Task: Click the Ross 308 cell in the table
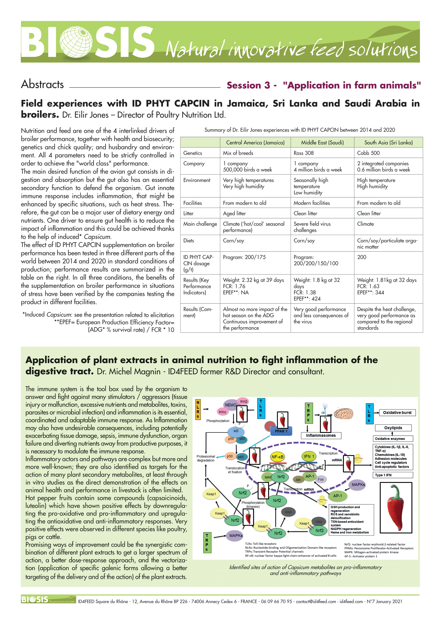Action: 304,153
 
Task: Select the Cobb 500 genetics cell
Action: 368,153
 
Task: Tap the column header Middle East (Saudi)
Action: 322,142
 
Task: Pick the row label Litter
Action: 189,213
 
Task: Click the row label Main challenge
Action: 200,224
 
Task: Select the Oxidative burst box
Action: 397,412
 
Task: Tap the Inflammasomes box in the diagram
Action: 321,435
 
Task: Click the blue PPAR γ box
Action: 281,431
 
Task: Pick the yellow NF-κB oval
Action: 277,457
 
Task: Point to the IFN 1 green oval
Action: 309,456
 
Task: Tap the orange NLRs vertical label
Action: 198,409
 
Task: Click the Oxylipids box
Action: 393,428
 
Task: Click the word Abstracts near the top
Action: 42,84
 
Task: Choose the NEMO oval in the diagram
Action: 230,405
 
